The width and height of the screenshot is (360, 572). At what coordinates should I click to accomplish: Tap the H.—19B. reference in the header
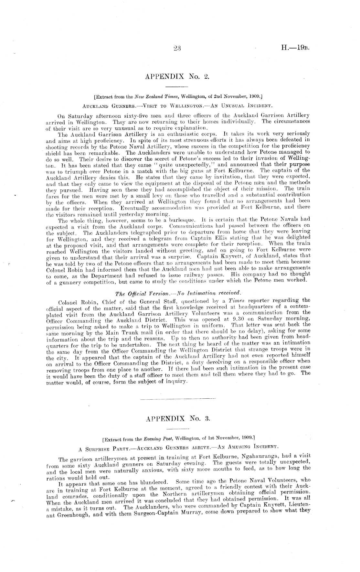click(296, 49)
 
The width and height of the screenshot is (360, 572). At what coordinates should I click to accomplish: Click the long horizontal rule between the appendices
click(178, 398)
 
